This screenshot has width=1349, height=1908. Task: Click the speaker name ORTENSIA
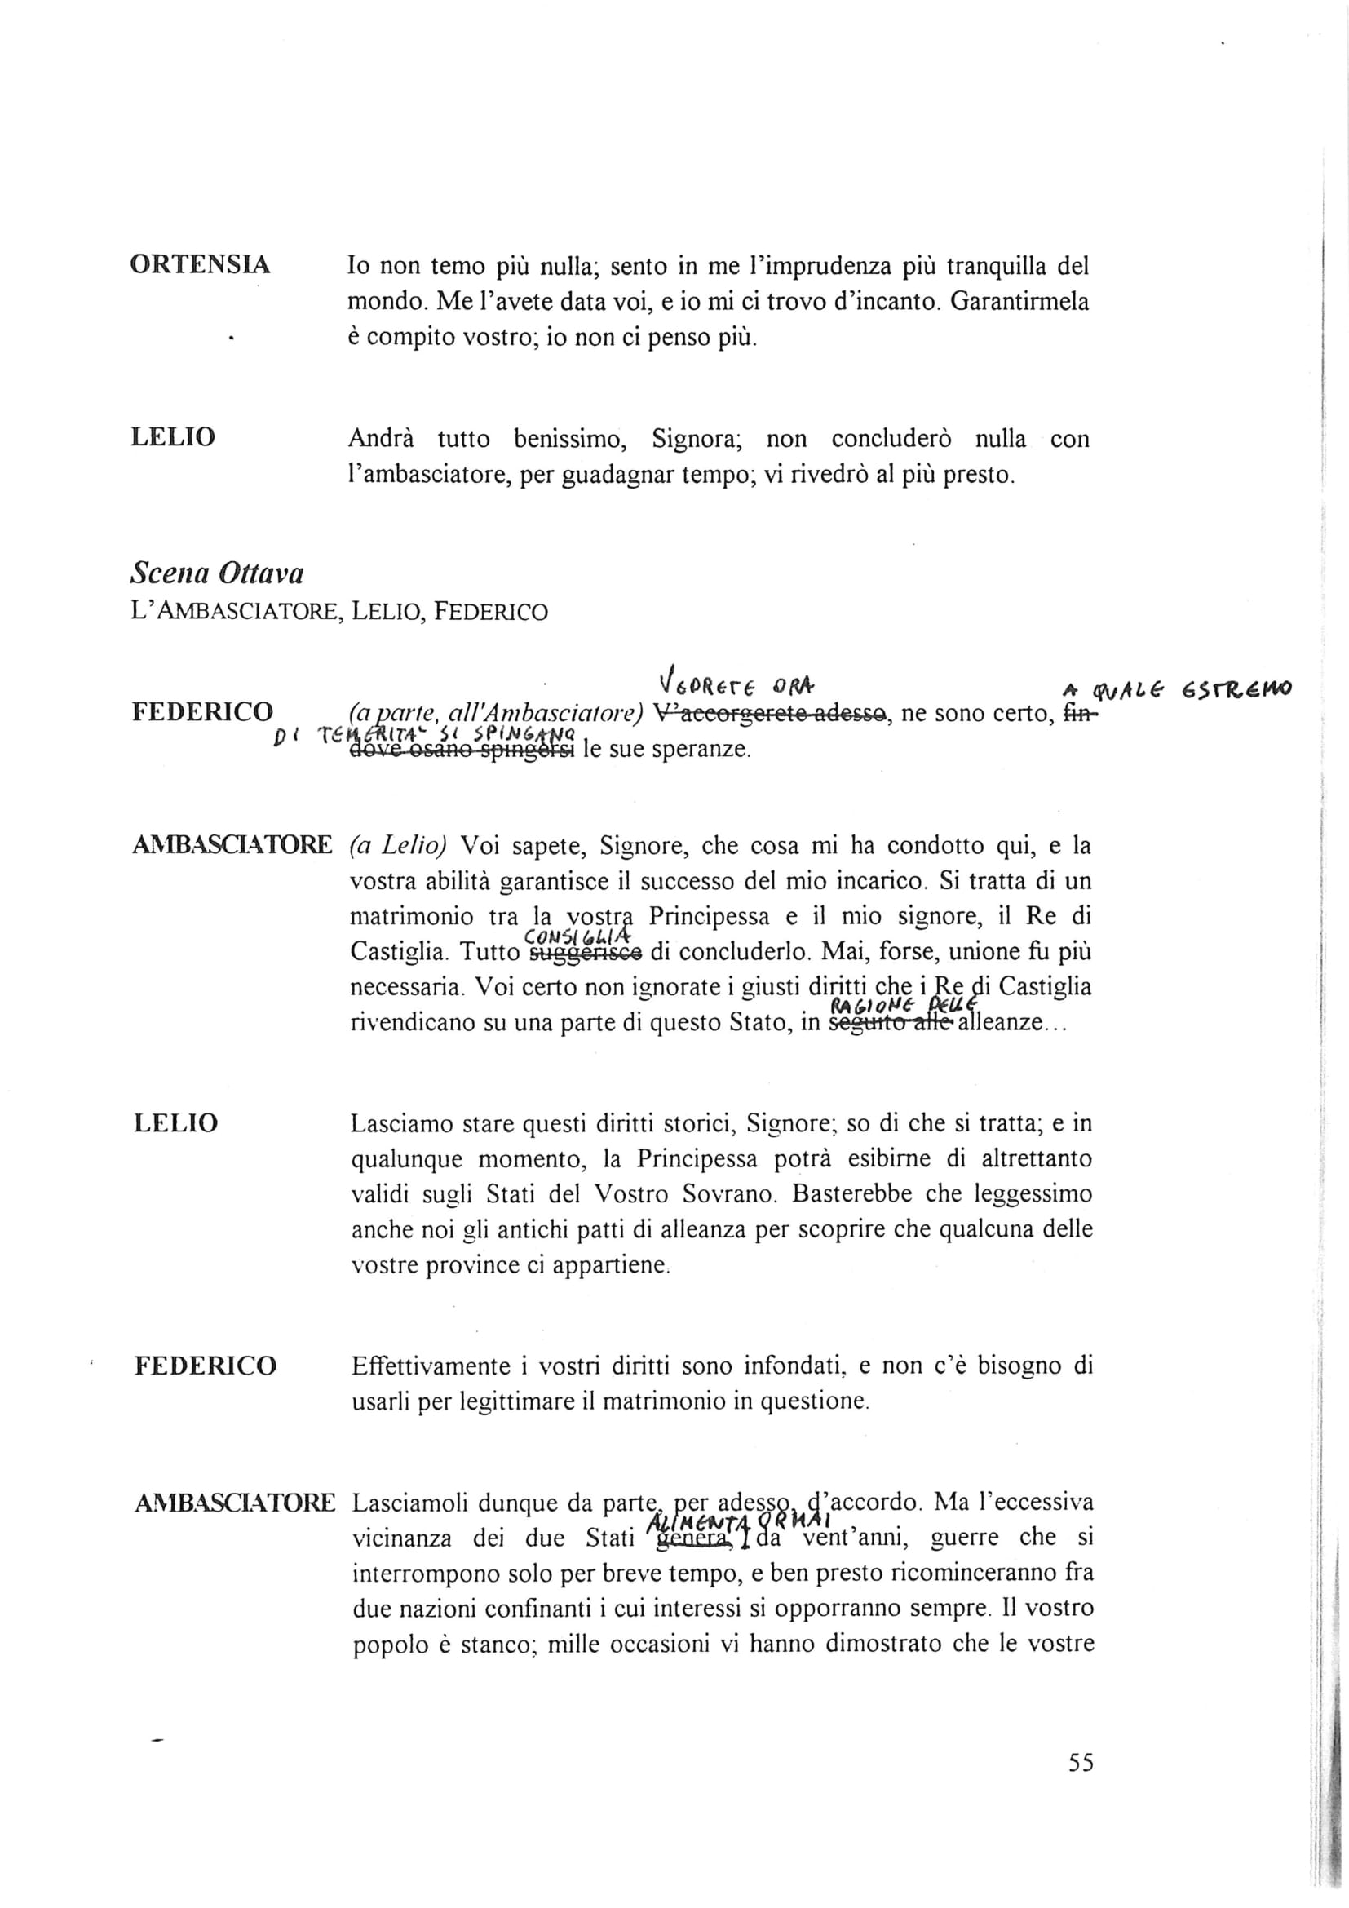pos(200,265)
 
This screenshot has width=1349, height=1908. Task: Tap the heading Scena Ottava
pos(217,573)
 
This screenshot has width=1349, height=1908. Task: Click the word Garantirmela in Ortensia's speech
pos(1019,302)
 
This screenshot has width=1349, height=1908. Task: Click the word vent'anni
pos(843,1538)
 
